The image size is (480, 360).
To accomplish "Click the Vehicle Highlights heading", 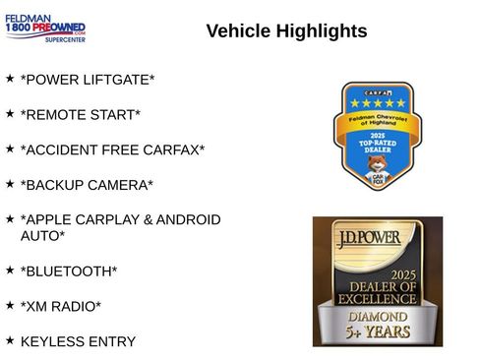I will click(286, 31).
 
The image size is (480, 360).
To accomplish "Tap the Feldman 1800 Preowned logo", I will click(45, 29).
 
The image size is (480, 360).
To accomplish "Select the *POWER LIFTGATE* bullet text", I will click(88, 79).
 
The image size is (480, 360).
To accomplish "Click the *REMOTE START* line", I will click(81, 114).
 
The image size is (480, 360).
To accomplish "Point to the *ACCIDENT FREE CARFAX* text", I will click(112, 150).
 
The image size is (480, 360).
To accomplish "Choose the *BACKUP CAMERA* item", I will click(87, 185).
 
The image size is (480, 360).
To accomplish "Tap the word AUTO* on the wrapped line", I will click(42, 236).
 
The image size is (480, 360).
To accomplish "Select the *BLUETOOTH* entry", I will click(69, 270).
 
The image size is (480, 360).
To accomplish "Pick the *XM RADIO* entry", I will click(61, 306).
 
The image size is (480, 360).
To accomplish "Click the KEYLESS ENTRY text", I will click(78, 341).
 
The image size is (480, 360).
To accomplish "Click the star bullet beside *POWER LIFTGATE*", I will click(10, 77).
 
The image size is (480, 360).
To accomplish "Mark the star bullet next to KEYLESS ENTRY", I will click(10, 339).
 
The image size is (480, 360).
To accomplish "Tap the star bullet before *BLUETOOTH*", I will click(10, 269).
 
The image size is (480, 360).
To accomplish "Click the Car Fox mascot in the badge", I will click(378, 167).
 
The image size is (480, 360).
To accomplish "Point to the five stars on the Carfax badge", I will click(379, 102).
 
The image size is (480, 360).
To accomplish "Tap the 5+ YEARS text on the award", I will click(378, 333).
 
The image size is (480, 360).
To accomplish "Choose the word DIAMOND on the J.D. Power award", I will click(378, 317).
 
